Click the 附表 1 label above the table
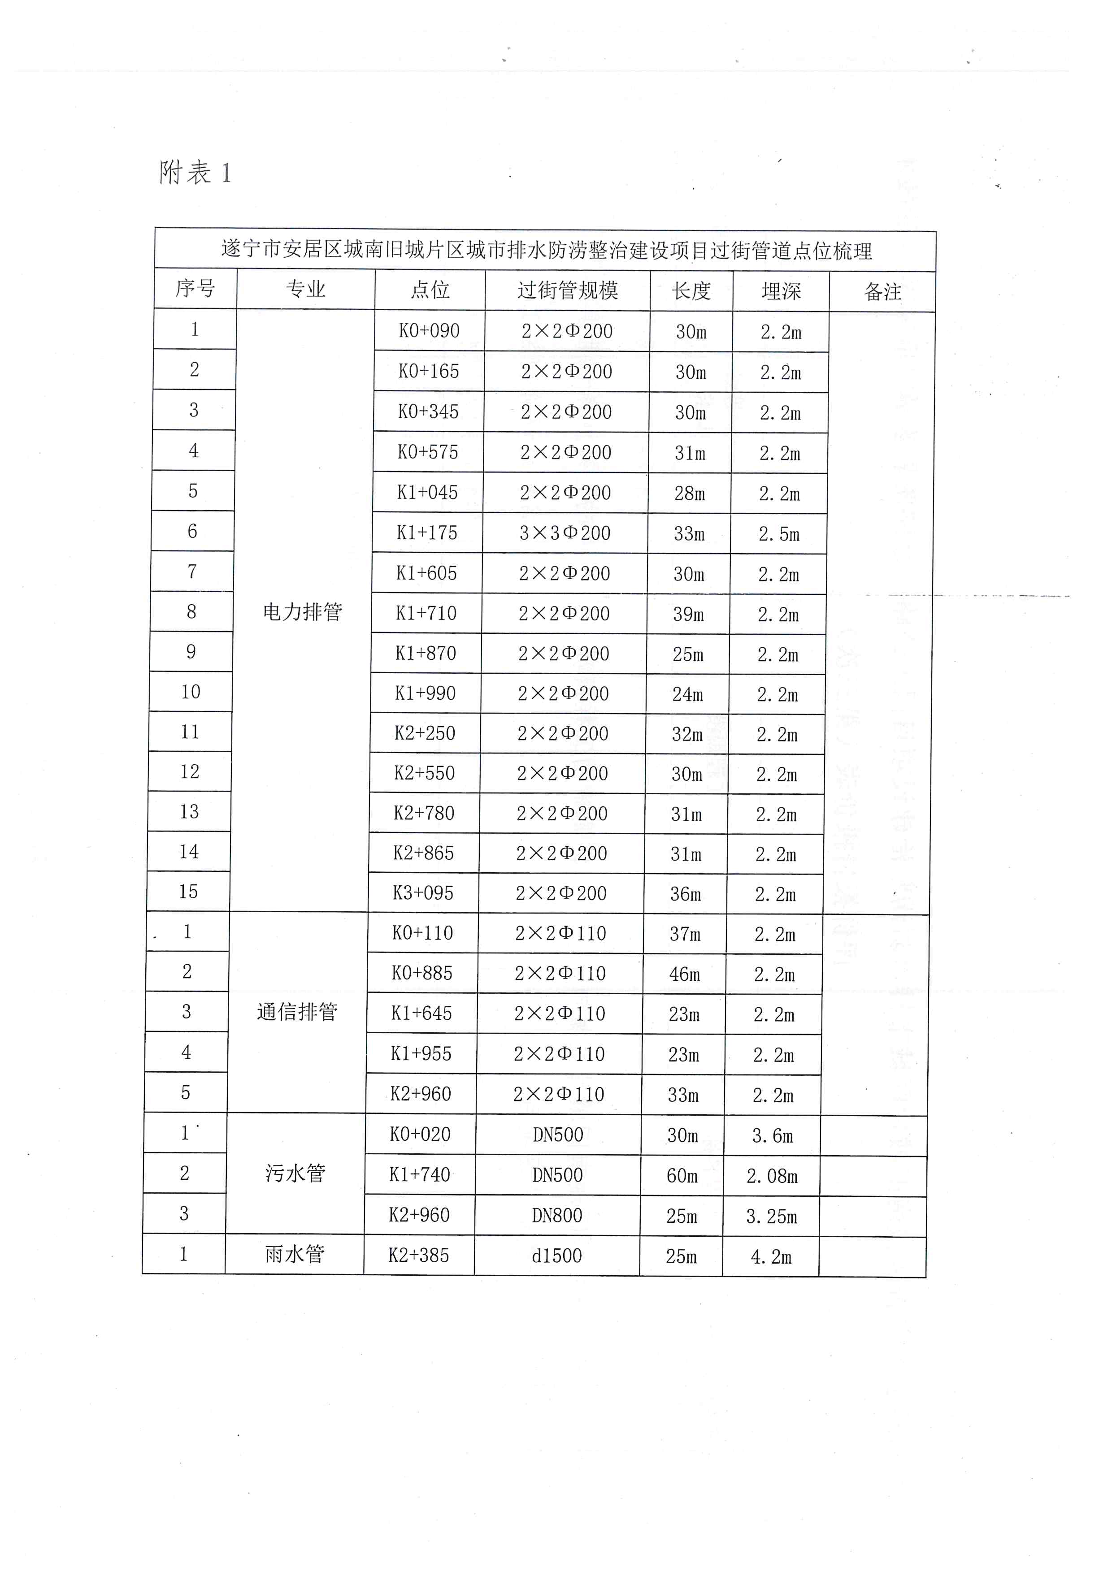(195, 173)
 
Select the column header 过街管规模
(568, 290)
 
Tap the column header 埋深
(781, 291)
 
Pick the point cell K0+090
(429, 331)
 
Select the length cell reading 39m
(688, 614)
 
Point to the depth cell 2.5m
(778, 534)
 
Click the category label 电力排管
(303, 611)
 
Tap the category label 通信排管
(297, 1012)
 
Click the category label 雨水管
(295, 1254)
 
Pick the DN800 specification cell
(557, 1215)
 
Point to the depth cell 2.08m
(772, 1176)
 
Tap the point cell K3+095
(423, 893)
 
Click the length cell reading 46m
(685, 974)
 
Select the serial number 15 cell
(188, 892)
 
